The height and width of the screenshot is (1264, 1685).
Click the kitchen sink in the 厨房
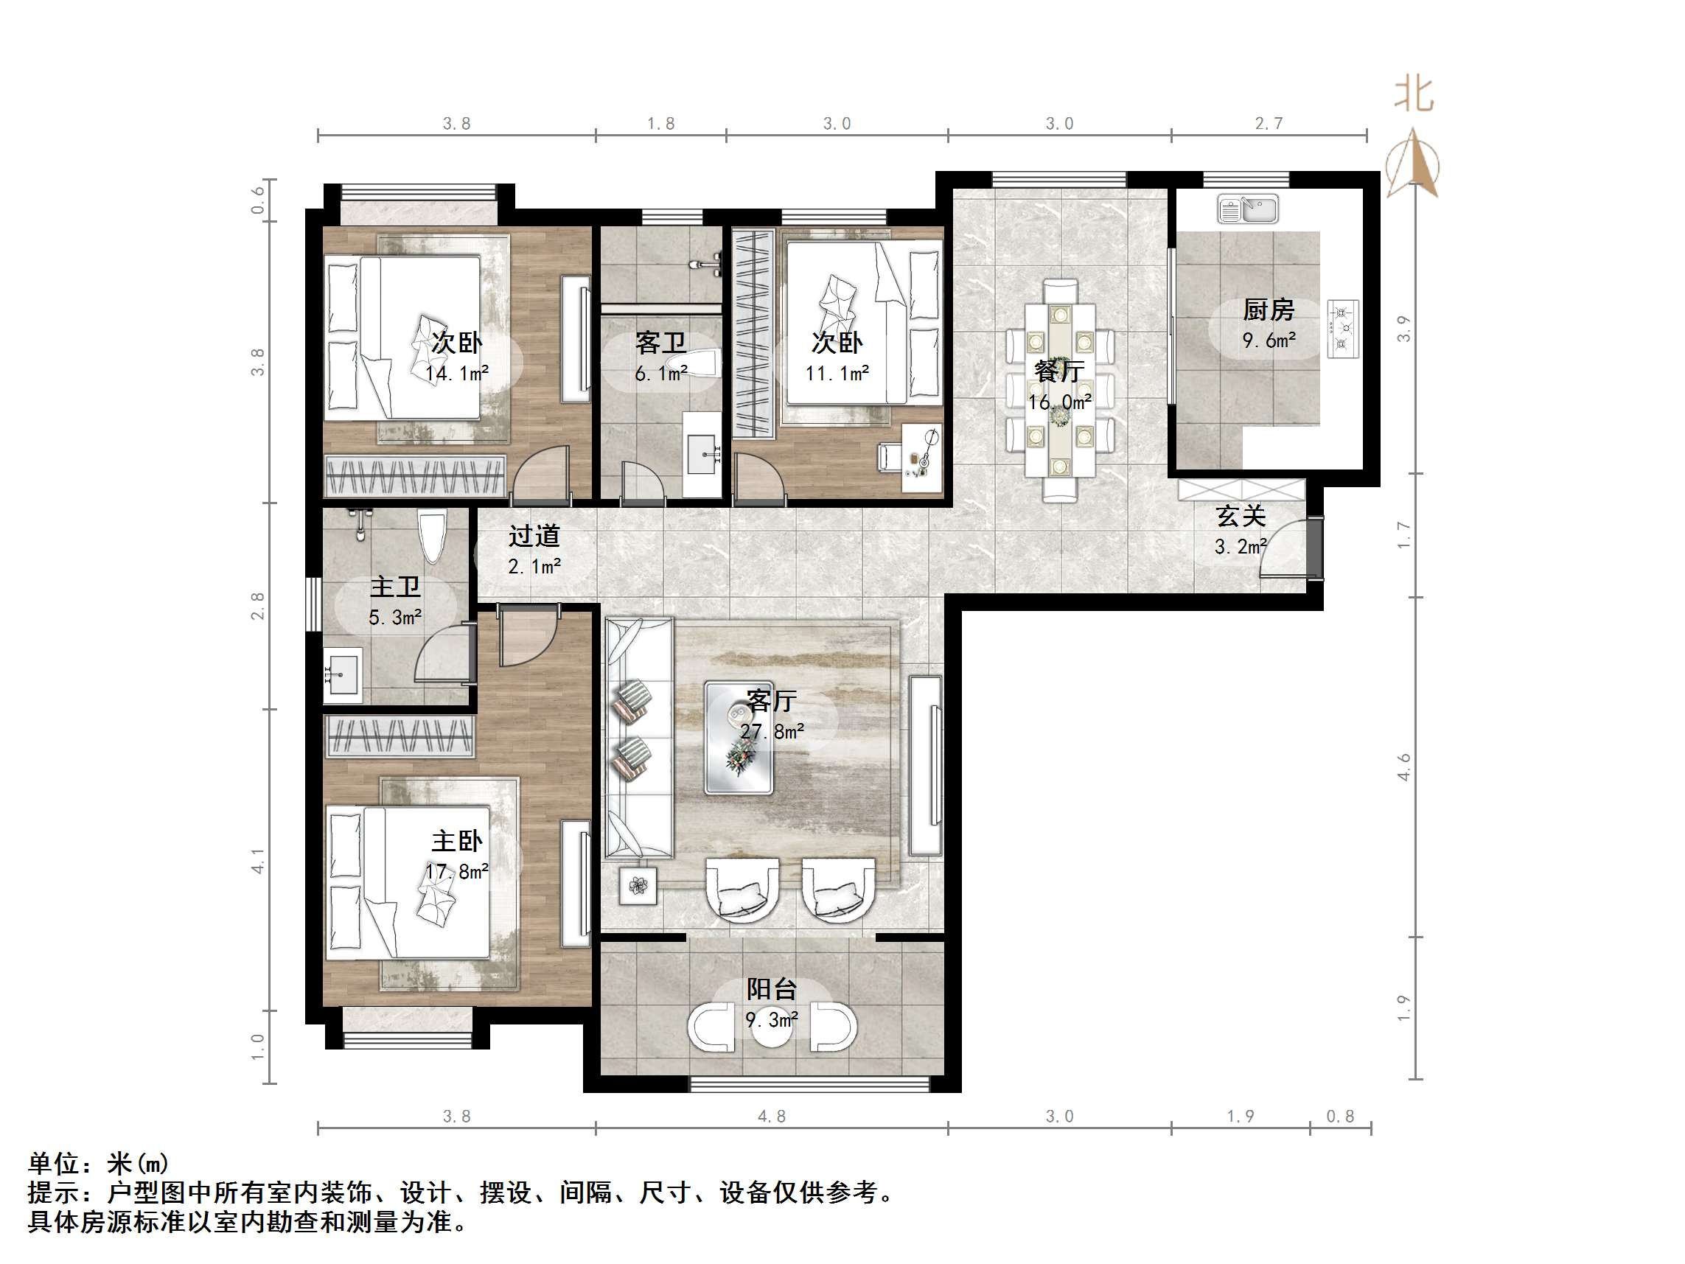point(1247,209)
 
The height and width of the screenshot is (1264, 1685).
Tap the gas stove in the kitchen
point(1342,329)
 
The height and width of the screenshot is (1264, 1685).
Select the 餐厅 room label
point(1059,371)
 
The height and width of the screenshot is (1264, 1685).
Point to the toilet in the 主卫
point(432,535)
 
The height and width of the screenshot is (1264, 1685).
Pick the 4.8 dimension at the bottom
point(771,1116)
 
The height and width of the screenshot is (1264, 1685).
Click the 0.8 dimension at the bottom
point(1340,1116)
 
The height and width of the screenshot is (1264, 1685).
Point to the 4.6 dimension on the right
point(1404,767)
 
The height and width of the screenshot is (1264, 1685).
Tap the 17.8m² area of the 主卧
point(457,871)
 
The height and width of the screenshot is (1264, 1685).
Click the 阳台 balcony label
point(771,989)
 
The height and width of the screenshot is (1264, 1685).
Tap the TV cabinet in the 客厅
point(927,765)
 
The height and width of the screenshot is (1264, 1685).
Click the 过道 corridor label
point(534,536)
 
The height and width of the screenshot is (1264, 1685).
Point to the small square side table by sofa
point(638,885)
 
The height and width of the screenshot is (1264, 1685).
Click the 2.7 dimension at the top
point(1269,123)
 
